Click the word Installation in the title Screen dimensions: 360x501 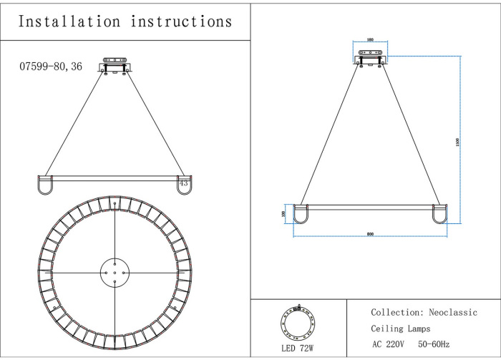69,21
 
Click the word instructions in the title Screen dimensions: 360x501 182,21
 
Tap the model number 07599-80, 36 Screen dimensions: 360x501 51,66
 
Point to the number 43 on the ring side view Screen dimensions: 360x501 184,183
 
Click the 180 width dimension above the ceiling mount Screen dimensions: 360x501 371,41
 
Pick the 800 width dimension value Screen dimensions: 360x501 371,234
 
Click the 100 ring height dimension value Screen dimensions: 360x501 284,213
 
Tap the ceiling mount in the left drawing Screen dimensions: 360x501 115,64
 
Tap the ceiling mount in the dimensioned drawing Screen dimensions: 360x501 371,57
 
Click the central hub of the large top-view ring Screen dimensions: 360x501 115,273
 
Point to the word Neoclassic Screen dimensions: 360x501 453,313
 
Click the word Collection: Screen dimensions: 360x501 397,313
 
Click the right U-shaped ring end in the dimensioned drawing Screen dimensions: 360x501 439,214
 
